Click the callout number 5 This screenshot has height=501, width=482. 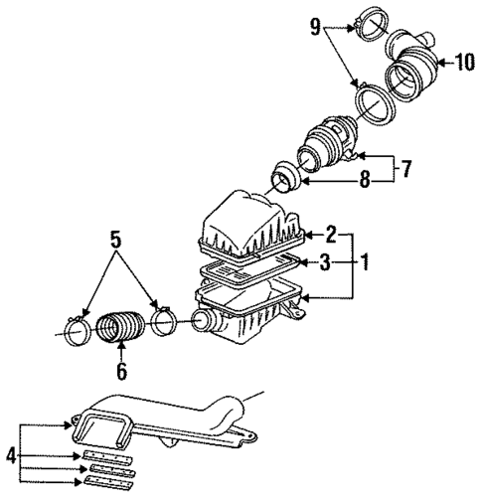115,240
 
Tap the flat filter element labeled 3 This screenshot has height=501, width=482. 249,268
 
